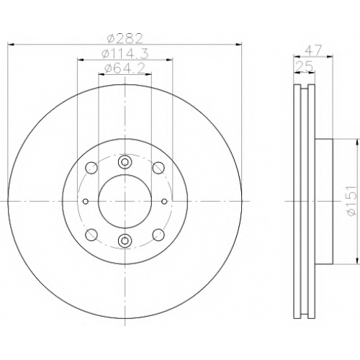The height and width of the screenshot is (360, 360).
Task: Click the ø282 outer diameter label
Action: click(x=125, y=38)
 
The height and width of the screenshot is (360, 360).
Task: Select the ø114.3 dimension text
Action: click(x=125, y=54)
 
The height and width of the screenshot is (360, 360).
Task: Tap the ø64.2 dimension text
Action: click(x=125, y=68)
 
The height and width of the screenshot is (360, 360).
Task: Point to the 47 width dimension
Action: click(x=312, y=50)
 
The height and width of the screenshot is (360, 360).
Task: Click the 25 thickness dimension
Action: click(x=304, y=66)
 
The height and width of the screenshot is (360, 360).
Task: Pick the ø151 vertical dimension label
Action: click(x=352, y=201)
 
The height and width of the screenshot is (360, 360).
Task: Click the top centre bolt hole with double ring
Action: click(x=125, y=162)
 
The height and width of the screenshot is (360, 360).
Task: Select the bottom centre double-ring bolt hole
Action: click(x=125, y=240)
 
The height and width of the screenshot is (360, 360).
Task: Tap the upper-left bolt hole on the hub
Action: click(x=91, y=167)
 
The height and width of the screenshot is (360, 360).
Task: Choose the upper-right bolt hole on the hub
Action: click(x=158, y=167)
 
